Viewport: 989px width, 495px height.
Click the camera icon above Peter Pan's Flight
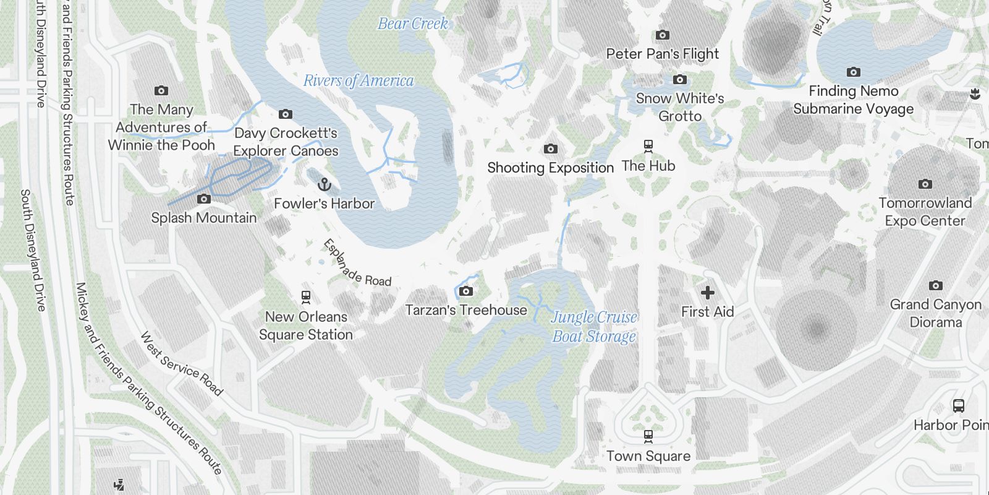[663, 35]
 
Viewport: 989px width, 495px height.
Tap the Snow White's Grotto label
[680, 107]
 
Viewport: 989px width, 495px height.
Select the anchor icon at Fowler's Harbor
[324, 184]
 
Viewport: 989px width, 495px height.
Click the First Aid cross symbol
[708, 293]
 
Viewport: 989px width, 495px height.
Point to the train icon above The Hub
[648, 147]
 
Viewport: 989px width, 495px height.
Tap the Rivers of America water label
[359, 81]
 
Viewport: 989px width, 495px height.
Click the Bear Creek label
[412, 24]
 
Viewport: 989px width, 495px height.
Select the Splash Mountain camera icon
[204, 199]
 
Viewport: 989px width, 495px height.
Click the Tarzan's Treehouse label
[466, 310]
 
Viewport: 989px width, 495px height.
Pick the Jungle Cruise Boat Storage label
[594, 327]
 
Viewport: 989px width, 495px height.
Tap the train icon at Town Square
[648, 437]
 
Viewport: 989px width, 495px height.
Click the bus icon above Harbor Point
[959, 406]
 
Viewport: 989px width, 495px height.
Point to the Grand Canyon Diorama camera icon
[936, 285]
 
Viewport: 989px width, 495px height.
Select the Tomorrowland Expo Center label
[925, 212]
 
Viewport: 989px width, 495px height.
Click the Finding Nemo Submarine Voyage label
[853, 100]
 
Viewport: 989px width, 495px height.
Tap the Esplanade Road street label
[357, 263]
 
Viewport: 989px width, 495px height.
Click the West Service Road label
[180, 364]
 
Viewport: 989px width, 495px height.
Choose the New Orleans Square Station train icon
[305, 297]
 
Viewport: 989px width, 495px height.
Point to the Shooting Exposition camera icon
[550, 148]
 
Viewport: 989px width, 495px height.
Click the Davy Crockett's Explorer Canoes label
[286, 142]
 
